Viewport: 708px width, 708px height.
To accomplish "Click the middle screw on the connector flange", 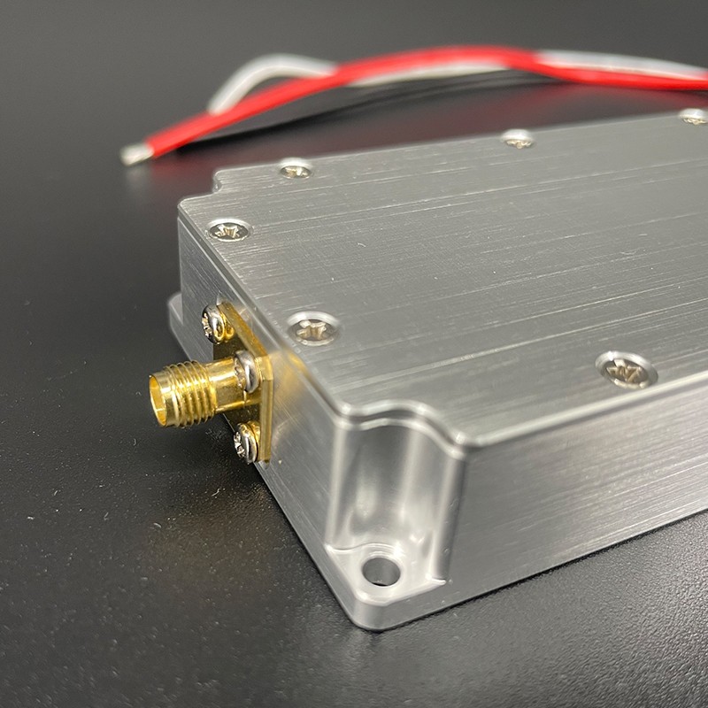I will pyautogui.click(x=248, y=371).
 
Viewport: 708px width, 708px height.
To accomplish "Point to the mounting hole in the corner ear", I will pyautogui.click(x=381, y=570).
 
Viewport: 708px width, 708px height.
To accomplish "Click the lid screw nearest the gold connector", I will pyautogui.click(x=314, y=328).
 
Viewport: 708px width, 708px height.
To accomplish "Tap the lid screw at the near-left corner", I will pyautogui.click(x=228, y=231).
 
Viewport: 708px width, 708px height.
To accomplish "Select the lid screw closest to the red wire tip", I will pyautogui.click(x=295, y=168).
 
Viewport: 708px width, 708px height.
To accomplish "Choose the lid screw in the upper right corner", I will pyautogui.click(x=695, y=116).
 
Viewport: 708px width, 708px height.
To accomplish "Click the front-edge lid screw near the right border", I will pyautogui.click(x=627, y=369).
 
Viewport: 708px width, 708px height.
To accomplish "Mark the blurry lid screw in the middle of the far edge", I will pyautogui.click(x=518, y=138).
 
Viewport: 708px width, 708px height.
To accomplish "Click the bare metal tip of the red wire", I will pyautogui.click(x=135, y=155).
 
